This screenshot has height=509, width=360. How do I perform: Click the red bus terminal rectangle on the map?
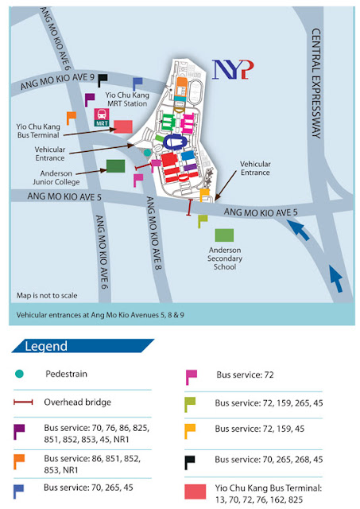pos(123,126)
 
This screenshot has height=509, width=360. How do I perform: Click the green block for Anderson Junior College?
pos(115,165)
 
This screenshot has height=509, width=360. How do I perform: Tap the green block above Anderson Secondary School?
pos(224,235)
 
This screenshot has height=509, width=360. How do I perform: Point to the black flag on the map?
pos(103,80)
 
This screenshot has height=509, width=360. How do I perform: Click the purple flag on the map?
pos(89,99)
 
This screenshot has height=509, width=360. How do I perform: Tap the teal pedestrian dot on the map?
pos(147,153)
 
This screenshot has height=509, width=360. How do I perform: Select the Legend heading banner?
pos(79,346)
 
